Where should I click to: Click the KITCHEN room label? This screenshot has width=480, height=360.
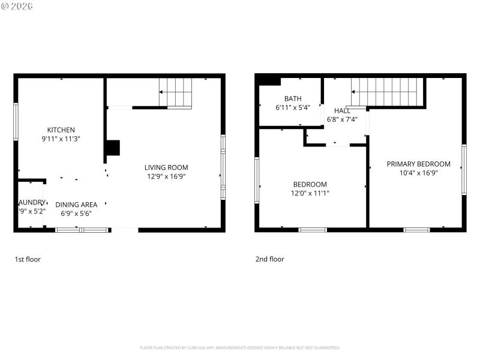coord(61,130)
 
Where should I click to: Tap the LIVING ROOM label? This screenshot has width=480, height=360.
coord(166,167)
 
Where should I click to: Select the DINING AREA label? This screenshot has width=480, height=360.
coord(76,205)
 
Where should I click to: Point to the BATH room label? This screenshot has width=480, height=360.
coord(293,99)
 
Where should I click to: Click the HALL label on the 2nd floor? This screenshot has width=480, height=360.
coord(342,111)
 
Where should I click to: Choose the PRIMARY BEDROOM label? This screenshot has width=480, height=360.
coord(418,164)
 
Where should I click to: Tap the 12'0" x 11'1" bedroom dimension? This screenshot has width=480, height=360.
coord(310,193)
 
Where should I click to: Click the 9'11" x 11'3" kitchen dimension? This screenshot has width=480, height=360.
coord(61,139)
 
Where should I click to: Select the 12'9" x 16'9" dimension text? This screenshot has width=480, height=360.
coord(166,176)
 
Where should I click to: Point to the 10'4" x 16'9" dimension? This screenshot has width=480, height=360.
coord(418,173)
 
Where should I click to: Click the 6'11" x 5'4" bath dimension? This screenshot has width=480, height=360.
coord(293,108)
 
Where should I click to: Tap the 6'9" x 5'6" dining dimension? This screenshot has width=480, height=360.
coord(76,213)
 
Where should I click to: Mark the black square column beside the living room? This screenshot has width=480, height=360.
coord(112,148)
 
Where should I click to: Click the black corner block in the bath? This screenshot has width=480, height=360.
coord(268,80)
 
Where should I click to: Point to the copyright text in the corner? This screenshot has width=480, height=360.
coord(17,6)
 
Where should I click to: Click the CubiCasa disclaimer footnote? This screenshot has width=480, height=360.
coord(240,347)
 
